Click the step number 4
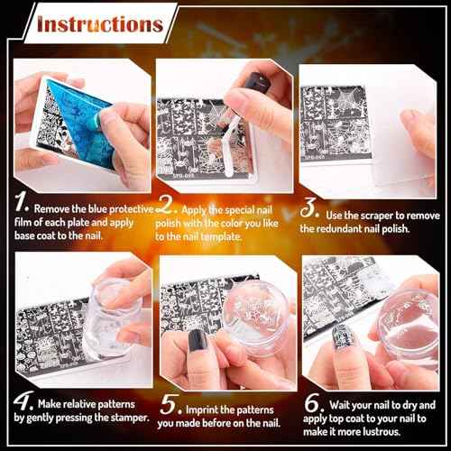pos(23,400)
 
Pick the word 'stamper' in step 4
pos(127,417)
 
